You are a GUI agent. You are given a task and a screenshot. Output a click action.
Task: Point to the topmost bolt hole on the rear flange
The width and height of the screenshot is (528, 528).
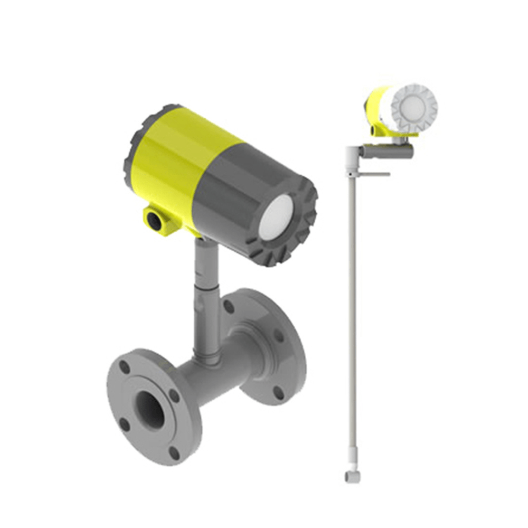click(228, 306)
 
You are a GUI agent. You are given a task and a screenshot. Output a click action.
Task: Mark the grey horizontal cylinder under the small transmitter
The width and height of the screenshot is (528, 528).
click(388, 152)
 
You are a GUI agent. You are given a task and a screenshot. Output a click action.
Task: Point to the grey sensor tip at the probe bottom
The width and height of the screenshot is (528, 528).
click(351, 476)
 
